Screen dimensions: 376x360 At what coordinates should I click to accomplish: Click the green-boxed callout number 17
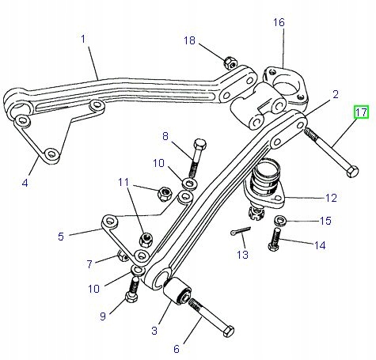(361, 112)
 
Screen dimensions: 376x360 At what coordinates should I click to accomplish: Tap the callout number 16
(279, 22)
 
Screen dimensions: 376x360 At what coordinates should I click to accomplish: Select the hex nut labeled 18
(230, 63)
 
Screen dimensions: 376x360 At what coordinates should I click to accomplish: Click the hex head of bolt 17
(352, 172)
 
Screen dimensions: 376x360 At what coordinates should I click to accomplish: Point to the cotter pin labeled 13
(241, 231)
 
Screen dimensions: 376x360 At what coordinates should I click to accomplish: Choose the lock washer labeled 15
(279, 220)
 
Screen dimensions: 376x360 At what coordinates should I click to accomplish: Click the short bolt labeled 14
(274, 239)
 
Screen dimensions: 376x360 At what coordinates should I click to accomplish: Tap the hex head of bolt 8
(199, 144)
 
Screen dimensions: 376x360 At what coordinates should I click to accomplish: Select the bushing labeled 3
(177, 290)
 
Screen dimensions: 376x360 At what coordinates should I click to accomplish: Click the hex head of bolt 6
(228, 331)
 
